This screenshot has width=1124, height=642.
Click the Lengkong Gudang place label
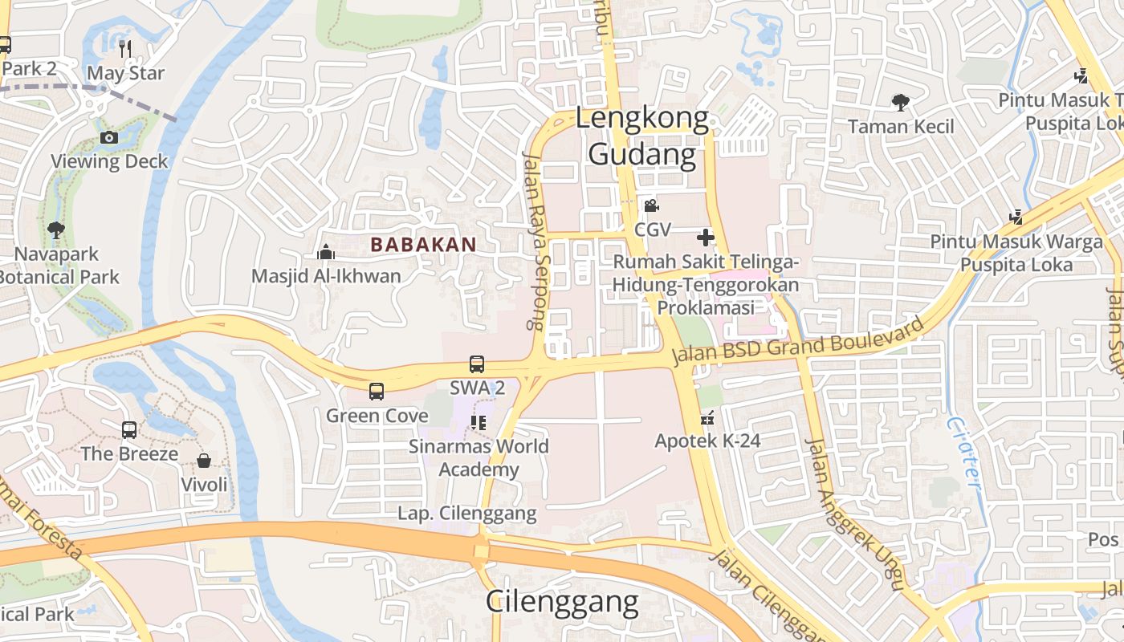(x=642, y=136)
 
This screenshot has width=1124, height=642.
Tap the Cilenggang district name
(x=562, y=601)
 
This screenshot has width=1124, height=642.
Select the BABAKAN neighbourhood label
(x=424, y=245)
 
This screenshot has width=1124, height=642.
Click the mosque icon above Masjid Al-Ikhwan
(x=326, y=252)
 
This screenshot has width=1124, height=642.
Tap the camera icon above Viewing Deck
(x=109, y=137)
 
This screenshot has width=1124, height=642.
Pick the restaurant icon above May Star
(x=125, y=49)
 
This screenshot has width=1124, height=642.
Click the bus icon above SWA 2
(x=477, y=364)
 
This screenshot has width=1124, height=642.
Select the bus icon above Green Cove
(x=377, y=392)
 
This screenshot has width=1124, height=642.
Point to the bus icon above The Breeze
(x=129, y=429)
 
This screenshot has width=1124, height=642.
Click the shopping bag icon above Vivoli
(x=204, y=461)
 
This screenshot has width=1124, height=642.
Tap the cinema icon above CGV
(x=651, y=206)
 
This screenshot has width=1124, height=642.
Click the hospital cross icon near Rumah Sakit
(x=705, y=238)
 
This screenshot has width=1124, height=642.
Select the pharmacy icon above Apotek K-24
(x=707, y=417)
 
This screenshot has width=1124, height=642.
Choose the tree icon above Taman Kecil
(x=901, y=103)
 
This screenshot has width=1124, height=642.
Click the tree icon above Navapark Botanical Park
(x=56, y=230)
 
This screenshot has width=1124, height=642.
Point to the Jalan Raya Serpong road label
(x=534, y=241)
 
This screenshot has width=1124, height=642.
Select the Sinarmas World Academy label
(x=479, y=457)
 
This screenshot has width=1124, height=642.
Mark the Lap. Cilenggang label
(x=467, y=514)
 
